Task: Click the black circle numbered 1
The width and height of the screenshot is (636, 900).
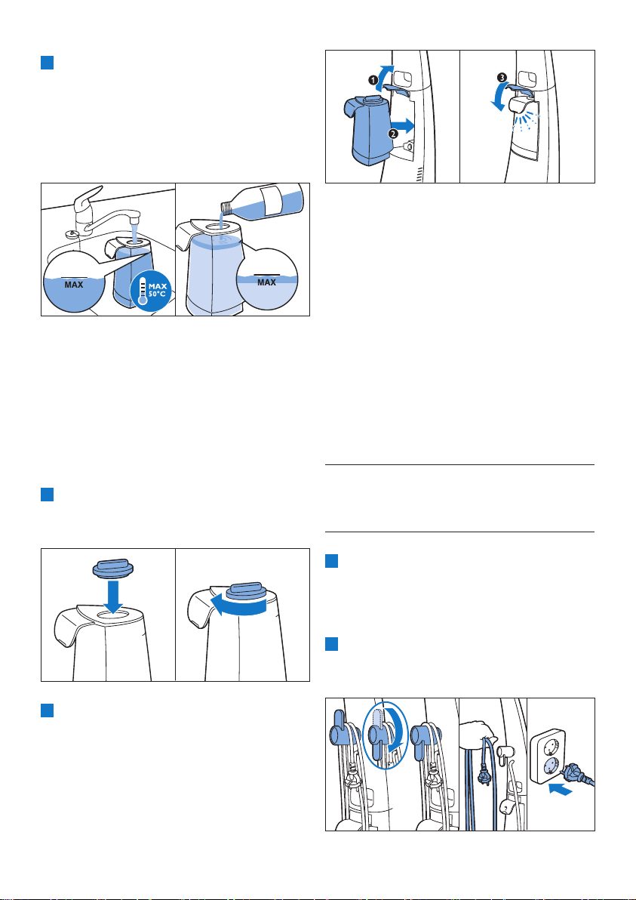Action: click(372, 82)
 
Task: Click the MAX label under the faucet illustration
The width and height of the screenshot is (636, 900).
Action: click(73, 285)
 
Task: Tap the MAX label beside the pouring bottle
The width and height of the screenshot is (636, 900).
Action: click(266, 282)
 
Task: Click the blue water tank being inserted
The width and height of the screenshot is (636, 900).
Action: click(366, 128)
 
